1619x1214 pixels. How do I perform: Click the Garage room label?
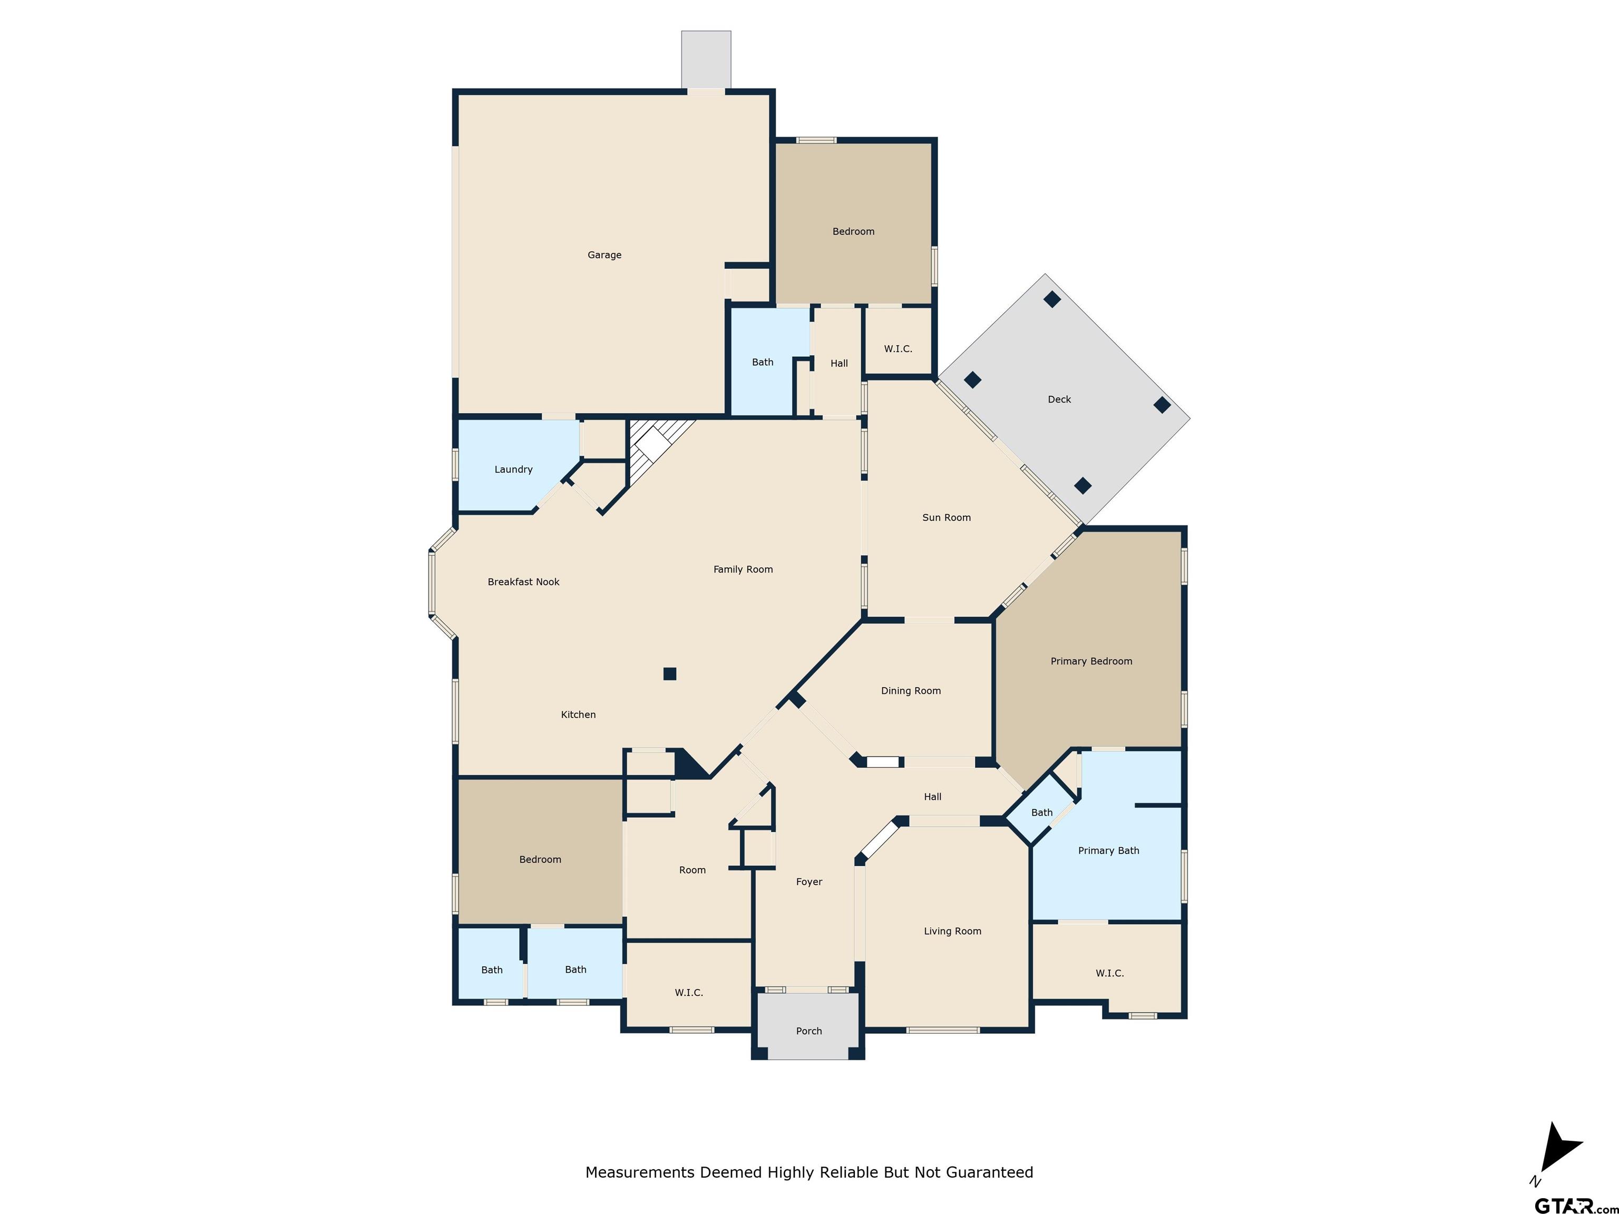[604, 254]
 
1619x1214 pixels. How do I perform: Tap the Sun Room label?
[947, 517]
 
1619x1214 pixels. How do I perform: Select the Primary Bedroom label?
[1091, 661]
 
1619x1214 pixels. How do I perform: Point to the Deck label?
[1059, 399]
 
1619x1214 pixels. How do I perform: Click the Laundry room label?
[513, 469]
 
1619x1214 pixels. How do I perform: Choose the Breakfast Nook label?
[523, 582]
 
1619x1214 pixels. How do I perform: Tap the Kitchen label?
[578, 714]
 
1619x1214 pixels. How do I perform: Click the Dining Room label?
[911, 691]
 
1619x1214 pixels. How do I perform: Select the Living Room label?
[952, 931]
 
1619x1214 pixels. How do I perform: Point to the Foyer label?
[809, 882]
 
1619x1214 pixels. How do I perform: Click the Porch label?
[809, 1031]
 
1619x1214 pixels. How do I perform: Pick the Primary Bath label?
[1108, 850]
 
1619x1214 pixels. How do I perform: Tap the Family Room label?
[743, 569]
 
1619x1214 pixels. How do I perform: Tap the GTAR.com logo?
[1574, 1204]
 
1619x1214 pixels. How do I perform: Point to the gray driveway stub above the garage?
[706, 59]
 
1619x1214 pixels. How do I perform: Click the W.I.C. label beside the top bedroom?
[898, 349]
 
